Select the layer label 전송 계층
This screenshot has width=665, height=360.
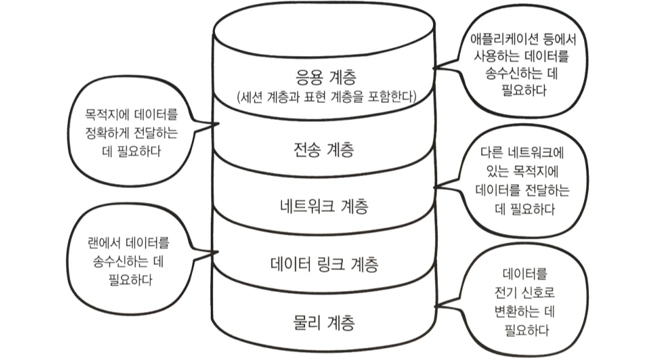tap(324, 150)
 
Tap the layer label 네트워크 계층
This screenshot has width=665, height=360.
tap(324, 206)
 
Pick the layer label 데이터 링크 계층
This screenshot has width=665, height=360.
tap(324, 264)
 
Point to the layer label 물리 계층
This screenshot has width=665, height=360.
tap(324, 321)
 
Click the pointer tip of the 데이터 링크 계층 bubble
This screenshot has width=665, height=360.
tap(217, 252)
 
